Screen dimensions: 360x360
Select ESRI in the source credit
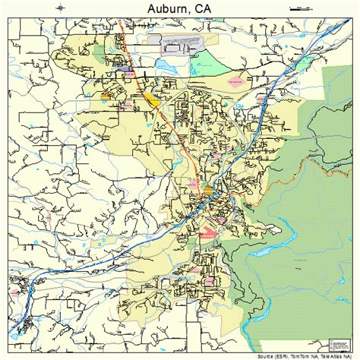[x=284, y=355]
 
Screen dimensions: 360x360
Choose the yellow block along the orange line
[x=153, y=99]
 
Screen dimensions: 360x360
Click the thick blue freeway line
[x=258, y=114]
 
